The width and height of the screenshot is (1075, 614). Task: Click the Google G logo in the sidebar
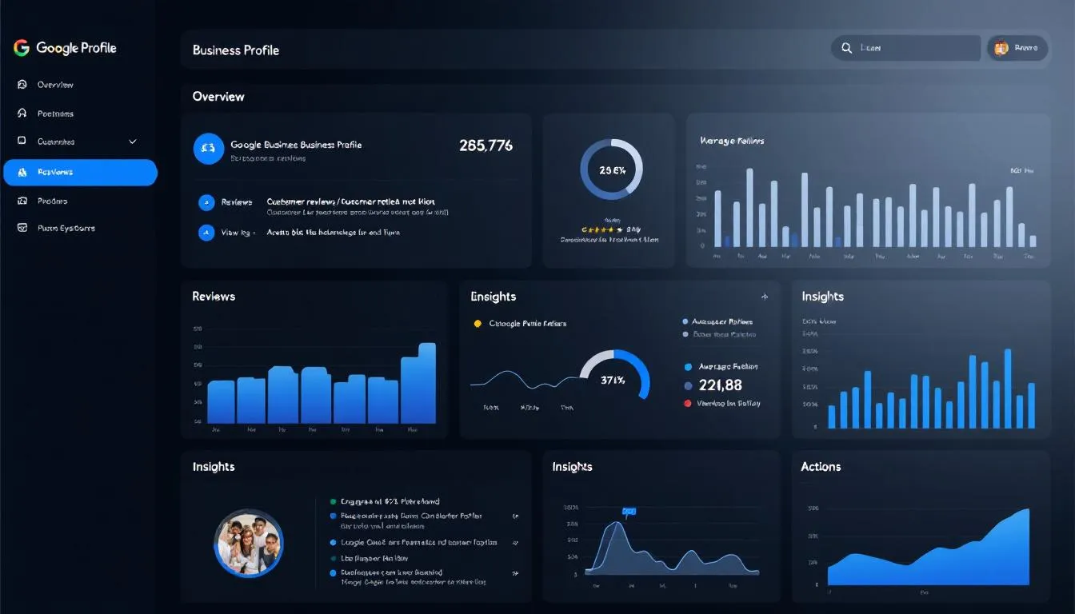22,48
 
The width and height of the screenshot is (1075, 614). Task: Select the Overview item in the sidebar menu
54,85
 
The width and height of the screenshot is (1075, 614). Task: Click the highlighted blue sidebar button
80,172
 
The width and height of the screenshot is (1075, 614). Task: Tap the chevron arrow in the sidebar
133,142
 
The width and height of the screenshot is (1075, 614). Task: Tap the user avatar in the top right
1001,48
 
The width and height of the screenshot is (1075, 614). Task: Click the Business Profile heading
236,50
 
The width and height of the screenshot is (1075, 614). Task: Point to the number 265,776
486,146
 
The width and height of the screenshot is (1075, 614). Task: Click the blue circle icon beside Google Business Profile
208,148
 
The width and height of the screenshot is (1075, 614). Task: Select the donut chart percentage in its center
611,170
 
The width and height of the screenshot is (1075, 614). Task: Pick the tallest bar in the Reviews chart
426,383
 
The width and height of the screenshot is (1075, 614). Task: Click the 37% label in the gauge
613,381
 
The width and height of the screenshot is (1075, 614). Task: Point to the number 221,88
720,385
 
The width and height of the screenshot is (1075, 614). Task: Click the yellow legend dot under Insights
478,324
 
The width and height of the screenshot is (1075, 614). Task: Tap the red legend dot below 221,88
687,404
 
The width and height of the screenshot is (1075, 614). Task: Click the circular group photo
249,543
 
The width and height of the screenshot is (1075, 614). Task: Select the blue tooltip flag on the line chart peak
629,511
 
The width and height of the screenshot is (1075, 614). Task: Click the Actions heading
821,467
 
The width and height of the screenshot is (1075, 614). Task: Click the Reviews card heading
214,297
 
